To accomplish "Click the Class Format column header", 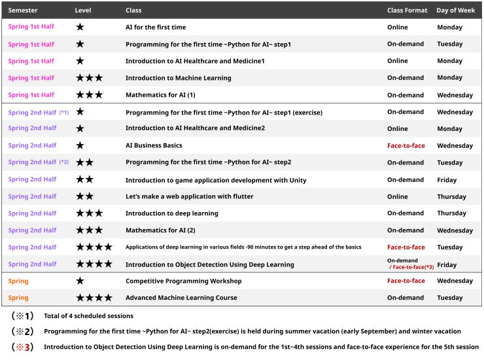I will [407, 10].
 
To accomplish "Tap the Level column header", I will [83, 10].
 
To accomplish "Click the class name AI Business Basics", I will [154, 146].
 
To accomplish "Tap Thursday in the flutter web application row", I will [451, 196].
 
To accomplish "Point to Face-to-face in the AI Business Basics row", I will [406, 146].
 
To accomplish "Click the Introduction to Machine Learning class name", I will [178, 78].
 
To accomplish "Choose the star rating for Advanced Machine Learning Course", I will [94, 298].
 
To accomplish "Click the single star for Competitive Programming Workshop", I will [80, 281].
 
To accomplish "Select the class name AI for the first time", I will [156, 27].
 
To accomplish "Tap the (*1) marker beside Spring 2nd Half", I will [64, 112].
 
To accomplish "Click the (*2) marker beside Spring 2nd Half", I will [64, 162].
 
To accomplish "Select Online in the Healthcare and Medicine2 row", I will [397, 128].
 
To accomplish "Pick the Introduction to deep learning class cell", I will [172, 213].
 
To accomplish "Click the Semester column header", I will [23, 10].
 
